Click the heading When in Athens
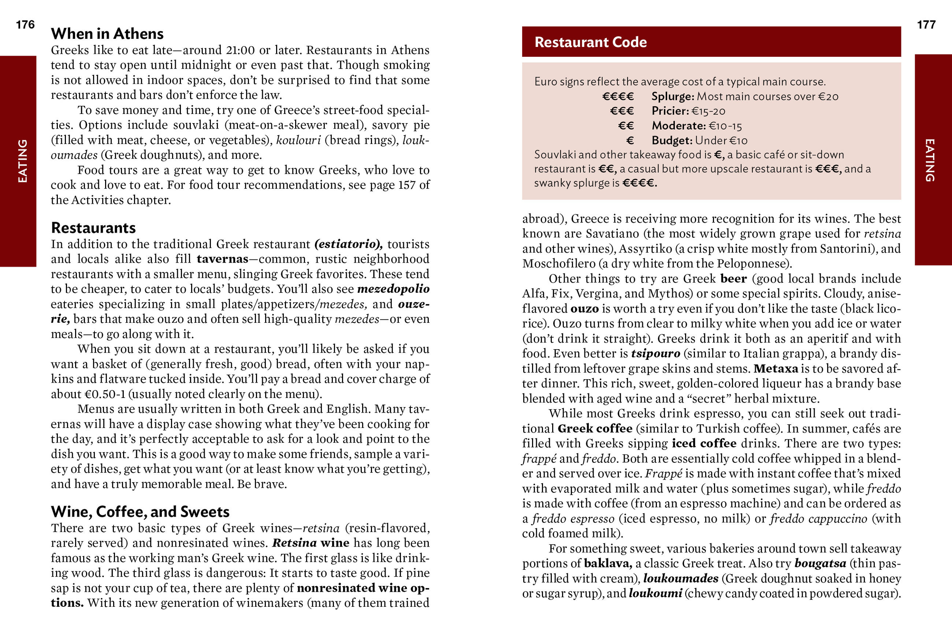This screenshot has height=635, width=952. (107, 34)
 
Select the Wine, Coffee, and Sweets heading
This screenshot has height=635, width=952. (140, 512)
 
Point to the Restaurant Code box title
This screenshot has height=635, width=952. (590, 42)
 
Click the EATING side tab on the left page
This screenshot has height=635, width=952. (23, 161)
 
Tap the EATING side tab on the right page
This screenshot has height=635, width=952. (930, 160)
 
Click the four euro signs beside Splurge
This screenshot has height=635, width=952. (618, 96)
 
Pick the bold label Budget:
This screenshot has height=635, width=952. (672, 141)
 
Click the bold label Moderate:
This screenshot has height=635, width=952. (678, 126)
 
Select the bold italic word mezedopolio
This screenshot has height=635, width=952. (393, 289)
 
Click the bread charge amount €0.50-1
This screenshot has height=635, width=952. (105, 394)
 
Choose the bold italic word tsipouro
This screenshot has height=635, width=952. (655, 354)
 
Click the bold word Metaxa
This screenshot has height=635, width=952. (776, 369)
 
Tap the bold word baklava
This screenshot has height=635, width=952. (608, 563)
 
